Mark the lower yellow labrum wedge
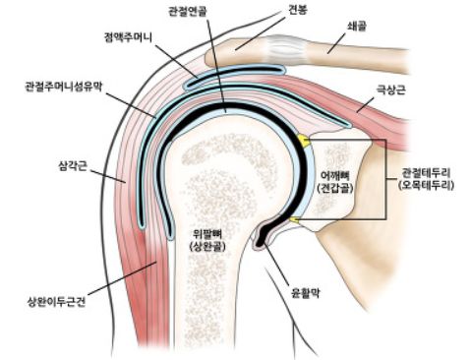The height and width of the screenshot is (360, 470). [x=292, y=217]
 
